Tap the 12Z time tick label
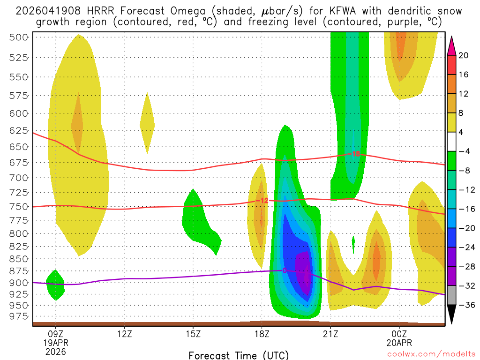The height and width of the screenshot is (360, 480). pos(124,335)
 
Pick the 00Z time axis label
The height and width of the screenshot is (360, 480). pos(399,335)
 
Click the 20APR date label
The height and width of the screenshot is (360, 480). pos(399,343)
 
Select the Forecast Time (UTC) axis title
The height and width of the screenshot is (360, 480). pos(239,355)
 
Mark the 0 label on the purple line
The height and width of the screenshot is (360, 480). pos(284,270)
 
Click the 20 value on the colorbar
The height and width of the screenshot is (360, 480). pos(463,55)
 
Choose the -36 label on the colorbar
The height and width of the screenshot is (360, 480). pos(464,305)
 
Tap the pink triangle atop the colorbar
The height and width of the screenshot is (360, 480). pos(452,45)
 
